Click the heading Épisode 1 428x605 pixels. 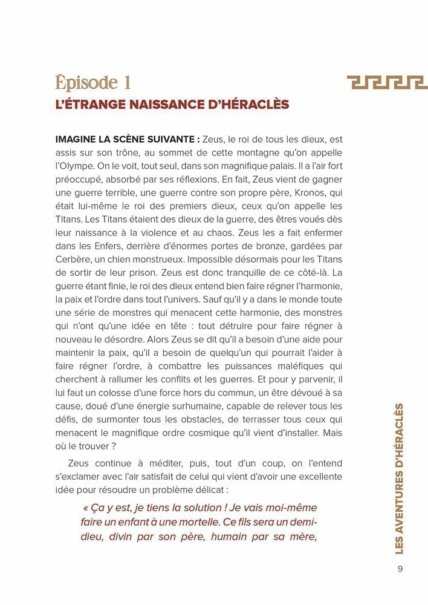(92, 82)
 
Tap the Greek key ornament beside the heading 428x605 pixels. (387, 82)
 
